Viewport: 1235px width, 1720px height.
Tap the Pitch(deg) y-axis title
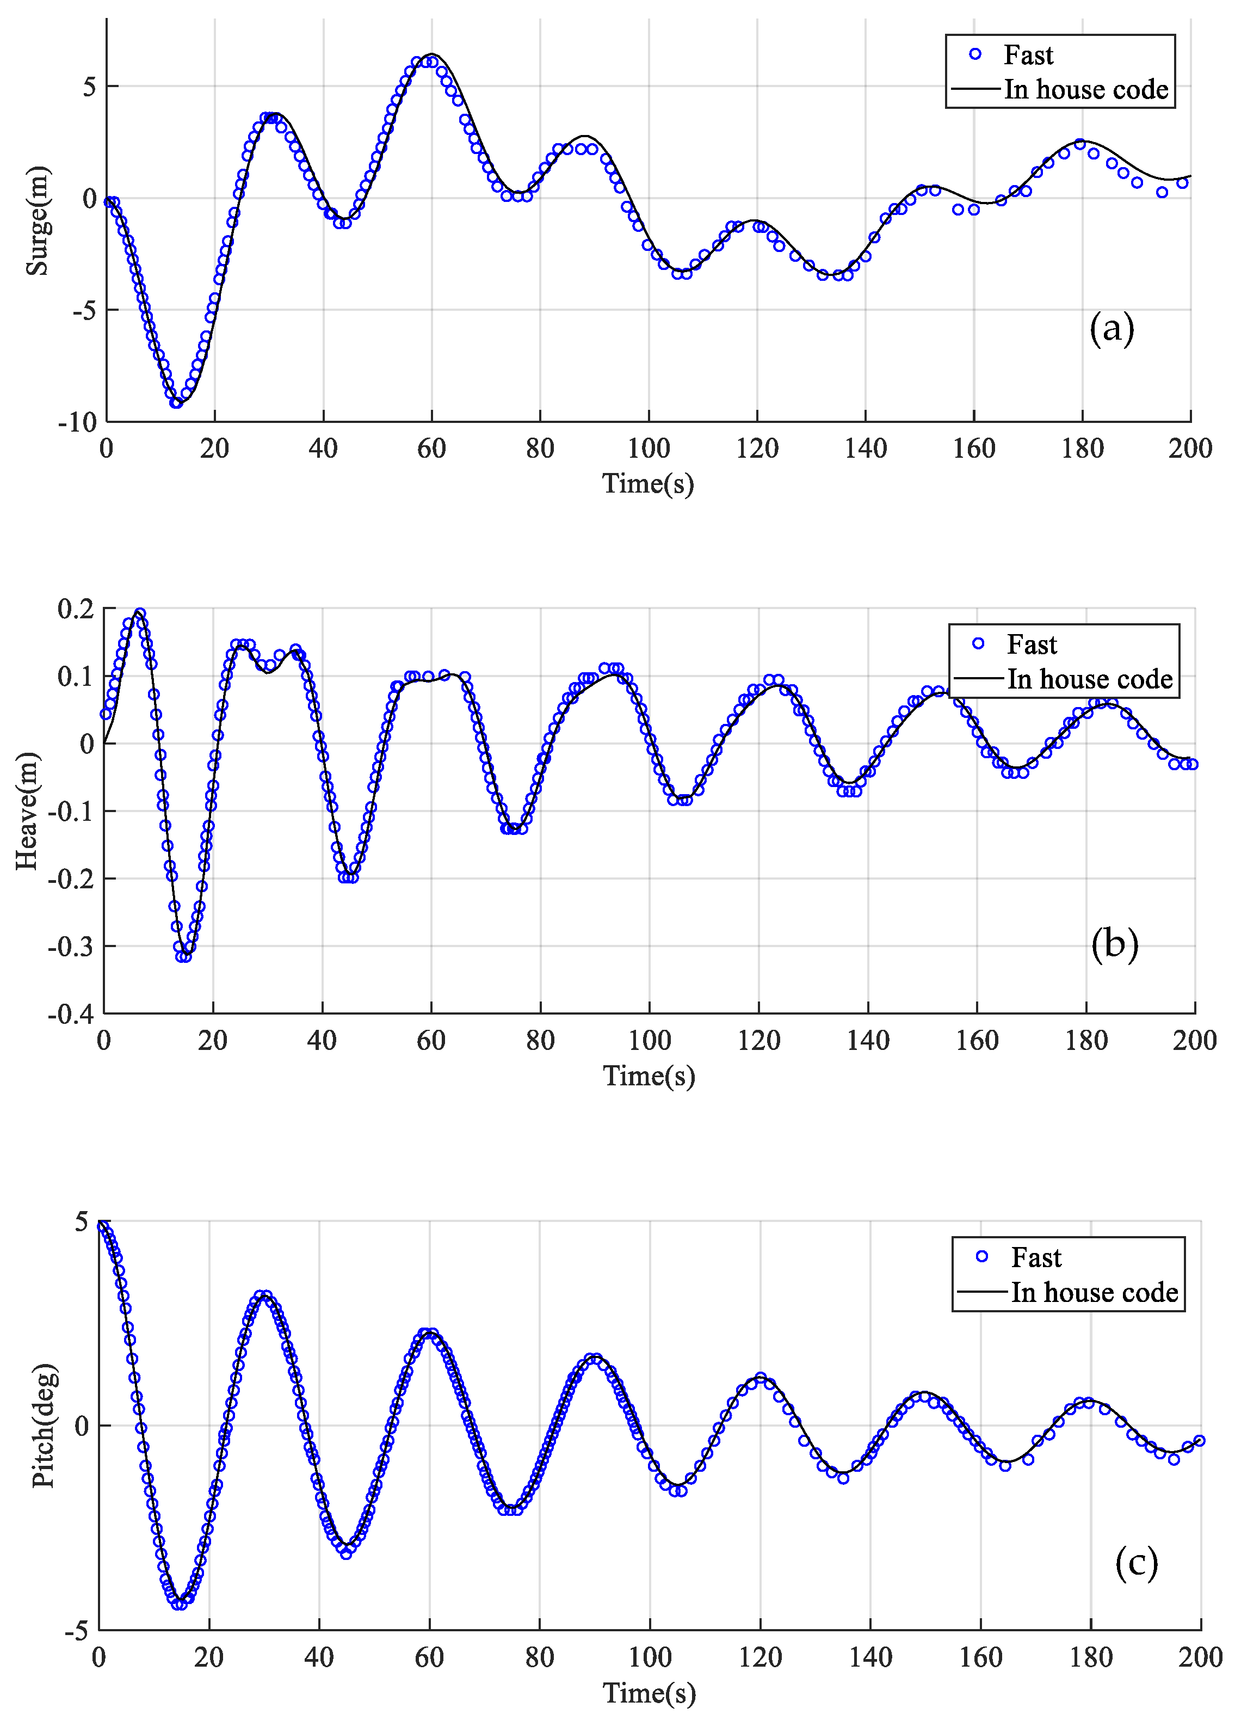[44, 1425]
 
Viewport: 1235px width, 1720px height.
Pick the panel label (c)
[1137, 1562]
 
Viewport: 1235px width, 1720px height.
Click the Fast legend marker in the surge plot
[975, 54]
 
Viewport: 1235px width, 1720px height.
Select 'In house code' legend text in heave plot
[1089, 679]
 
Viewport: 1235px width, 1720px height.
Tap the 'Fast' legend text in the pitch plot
[1036, 1257]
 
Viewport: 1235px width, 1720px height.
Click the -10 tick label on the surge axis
[77, 422]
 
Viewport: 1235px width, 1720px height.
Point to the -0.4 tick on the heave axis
[71, 1014]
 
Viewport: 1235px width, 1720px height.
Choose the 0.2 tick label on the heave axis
[76, 608]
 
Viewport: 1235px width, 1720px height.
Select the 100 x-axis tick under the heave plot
[649, 1041]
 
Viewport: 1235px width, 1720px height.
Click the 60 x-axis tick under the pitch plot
[429, 1658]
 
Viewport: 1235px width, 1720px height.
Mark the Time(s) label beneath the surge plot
[648, 484]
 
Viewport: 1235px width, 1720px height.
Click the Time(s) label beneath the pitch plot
[649, 1693]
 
